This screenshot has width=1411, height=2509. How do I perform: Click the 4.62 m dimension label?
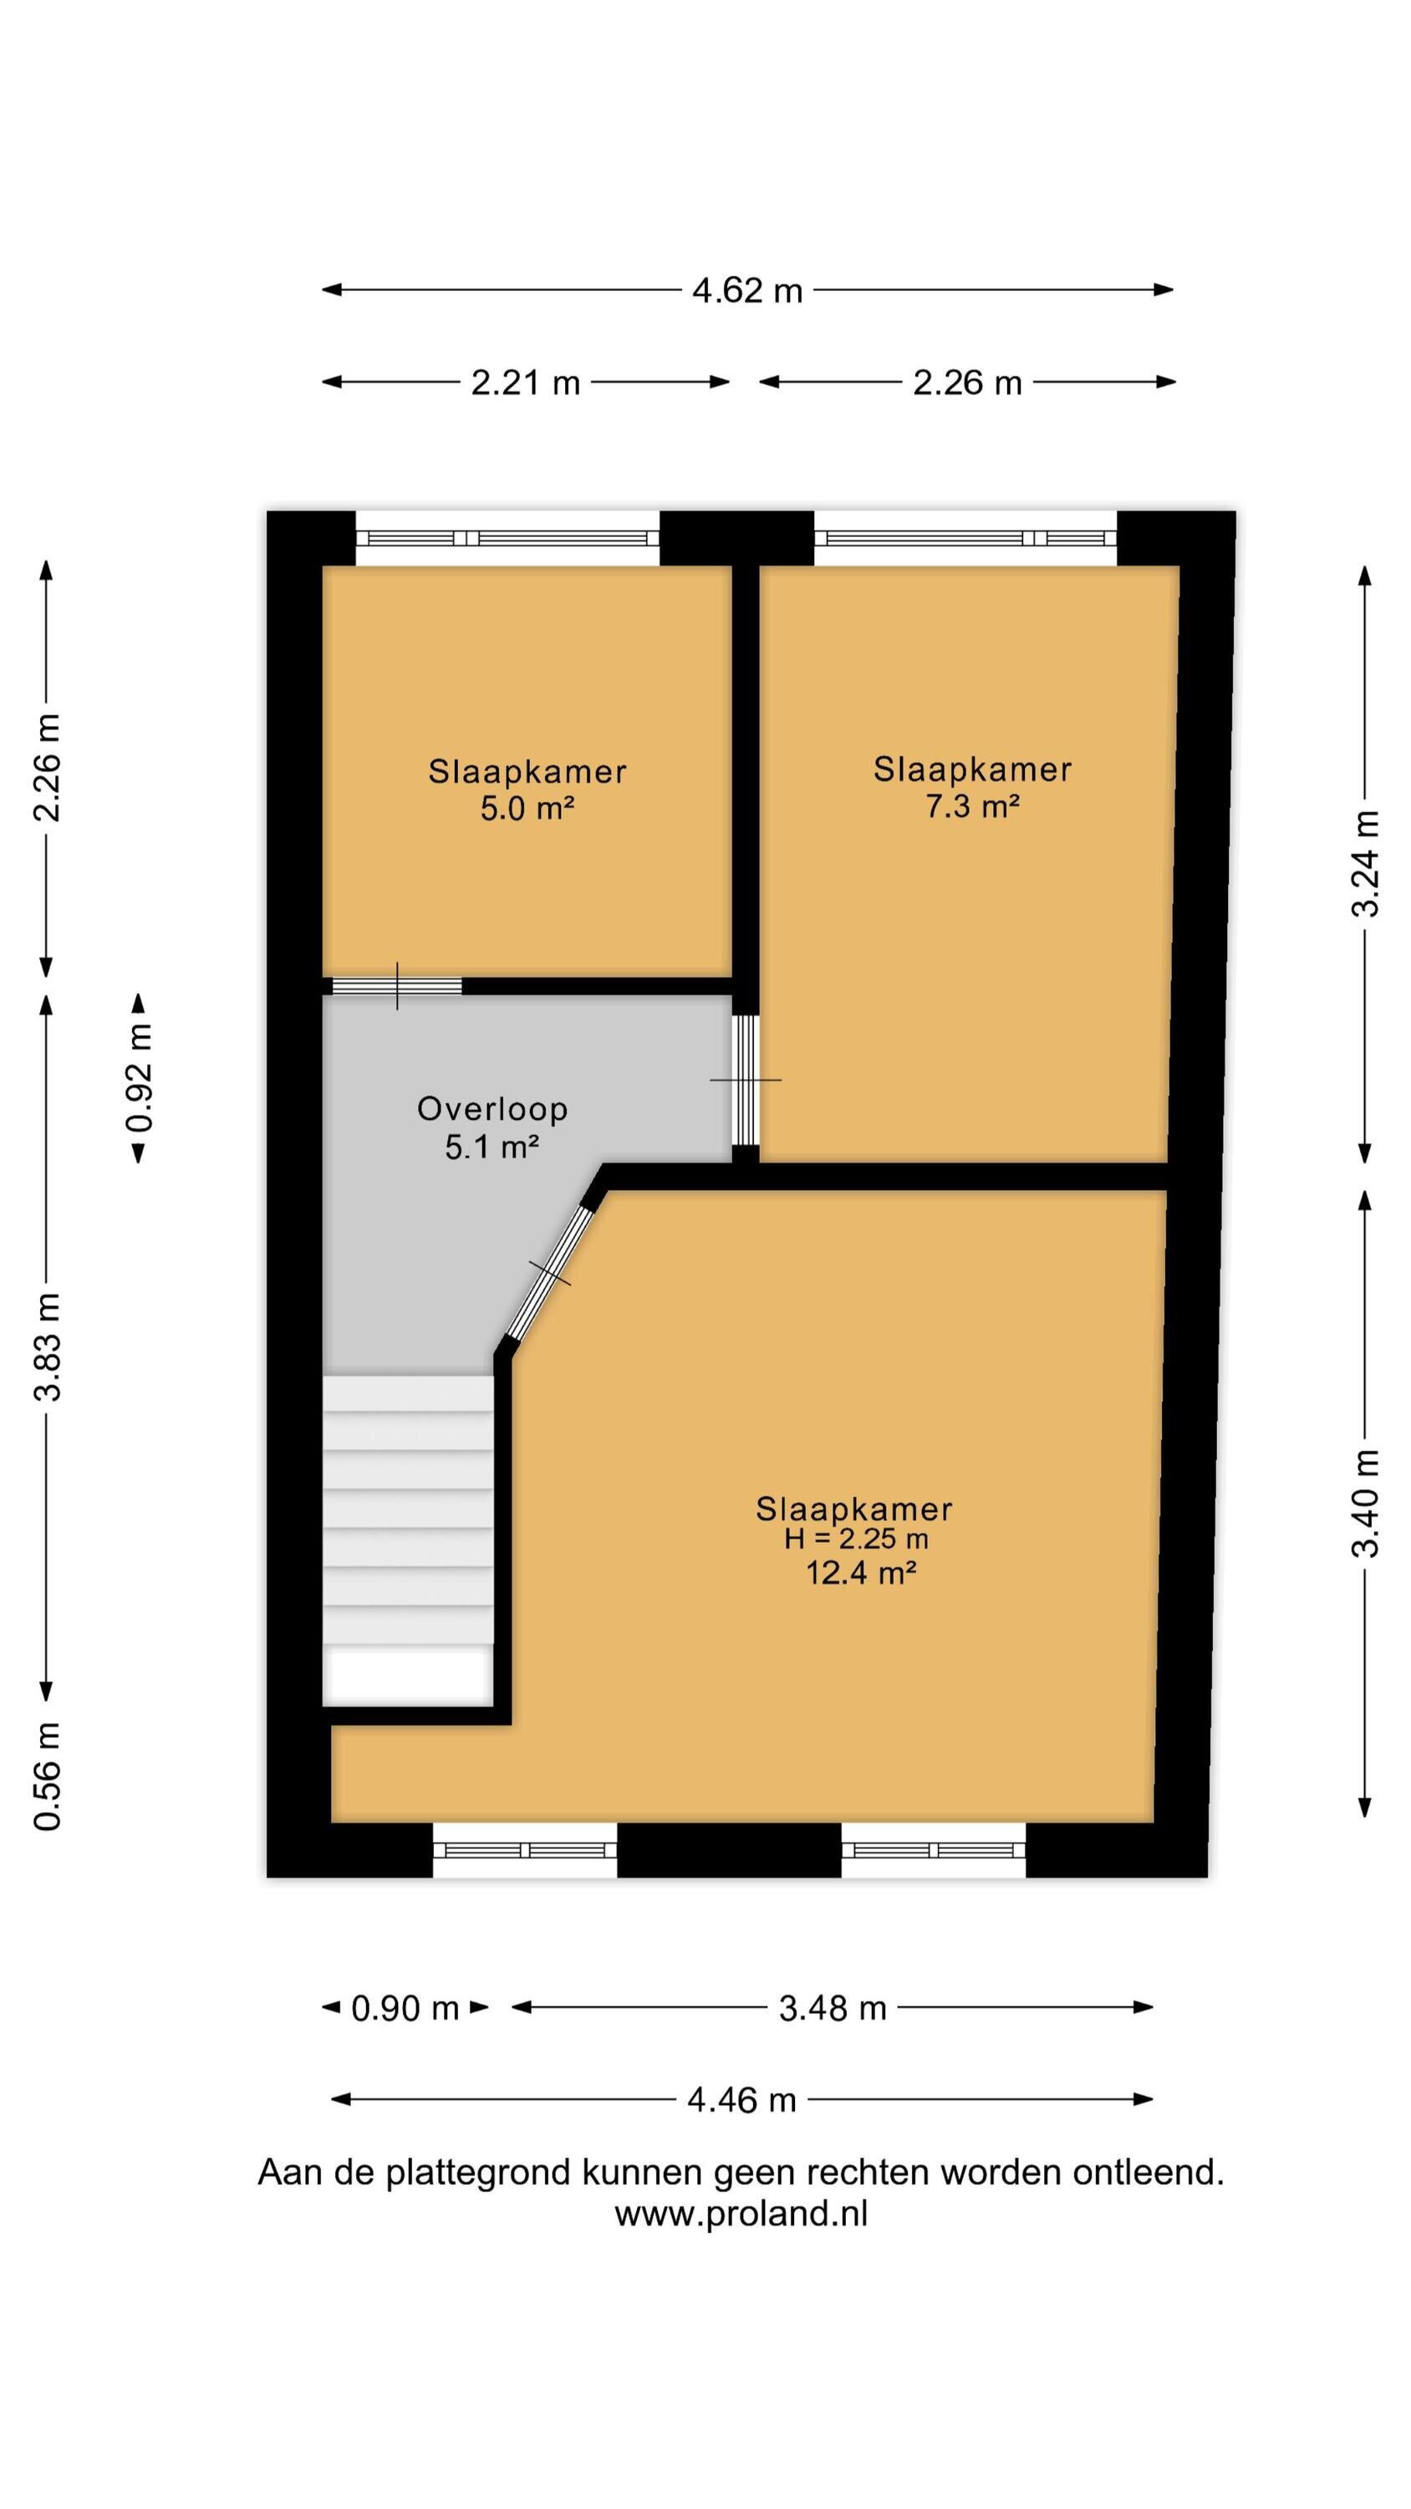coord(747,290)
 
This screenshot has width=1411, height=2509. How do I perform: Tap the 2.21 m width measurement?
coord(526,383)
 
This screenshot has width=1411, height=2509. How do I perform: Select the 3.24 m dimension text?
coord(1365,864)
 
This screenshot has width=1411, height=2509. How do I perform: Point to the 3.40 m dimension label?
coord(1365,1504)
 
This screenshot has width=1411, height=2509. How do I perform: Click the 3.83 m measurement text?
coord(47,1347)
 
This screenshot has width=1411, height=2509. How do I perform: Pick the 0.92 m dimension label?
coord(140,1078)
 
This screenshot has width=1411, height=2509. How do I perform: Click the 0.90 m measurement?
coord(405,2008)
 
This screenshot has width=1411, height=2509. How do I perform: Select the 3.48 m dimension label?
coord(833,2008)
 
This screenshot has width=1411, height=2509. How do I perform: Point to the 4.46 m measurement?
coord(742,2100)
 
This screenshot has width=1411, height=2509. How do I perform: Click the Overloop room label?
coord(492,1108)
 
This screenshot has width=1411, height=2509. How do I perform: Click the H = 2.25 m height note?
coord(856,1539)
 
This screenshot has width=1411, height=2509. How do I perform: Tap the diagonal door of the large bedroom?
coord(550,1274)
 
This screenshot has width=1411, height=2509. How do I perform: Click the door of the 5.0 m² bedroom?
coord(396,986)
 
